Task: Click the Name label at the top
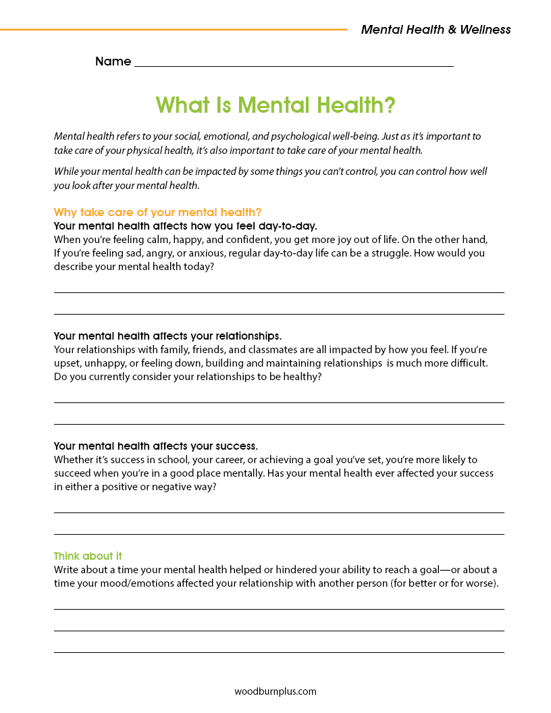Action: [x=113, y=61]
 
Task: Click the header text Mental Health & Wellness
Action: [x=436, y=30]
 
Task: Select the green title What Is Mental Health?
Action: [x=275, y=105]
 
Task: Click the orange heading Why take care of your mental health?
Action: [x=157, y=212]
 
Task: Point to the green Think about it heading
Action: [x=88, y=556]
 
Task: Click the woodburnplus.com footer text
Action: [x=275, y=691]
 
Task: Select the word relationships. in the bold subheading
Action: [x=247, y=336]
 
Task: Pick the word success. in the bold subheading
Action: [x=236, y=446]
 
